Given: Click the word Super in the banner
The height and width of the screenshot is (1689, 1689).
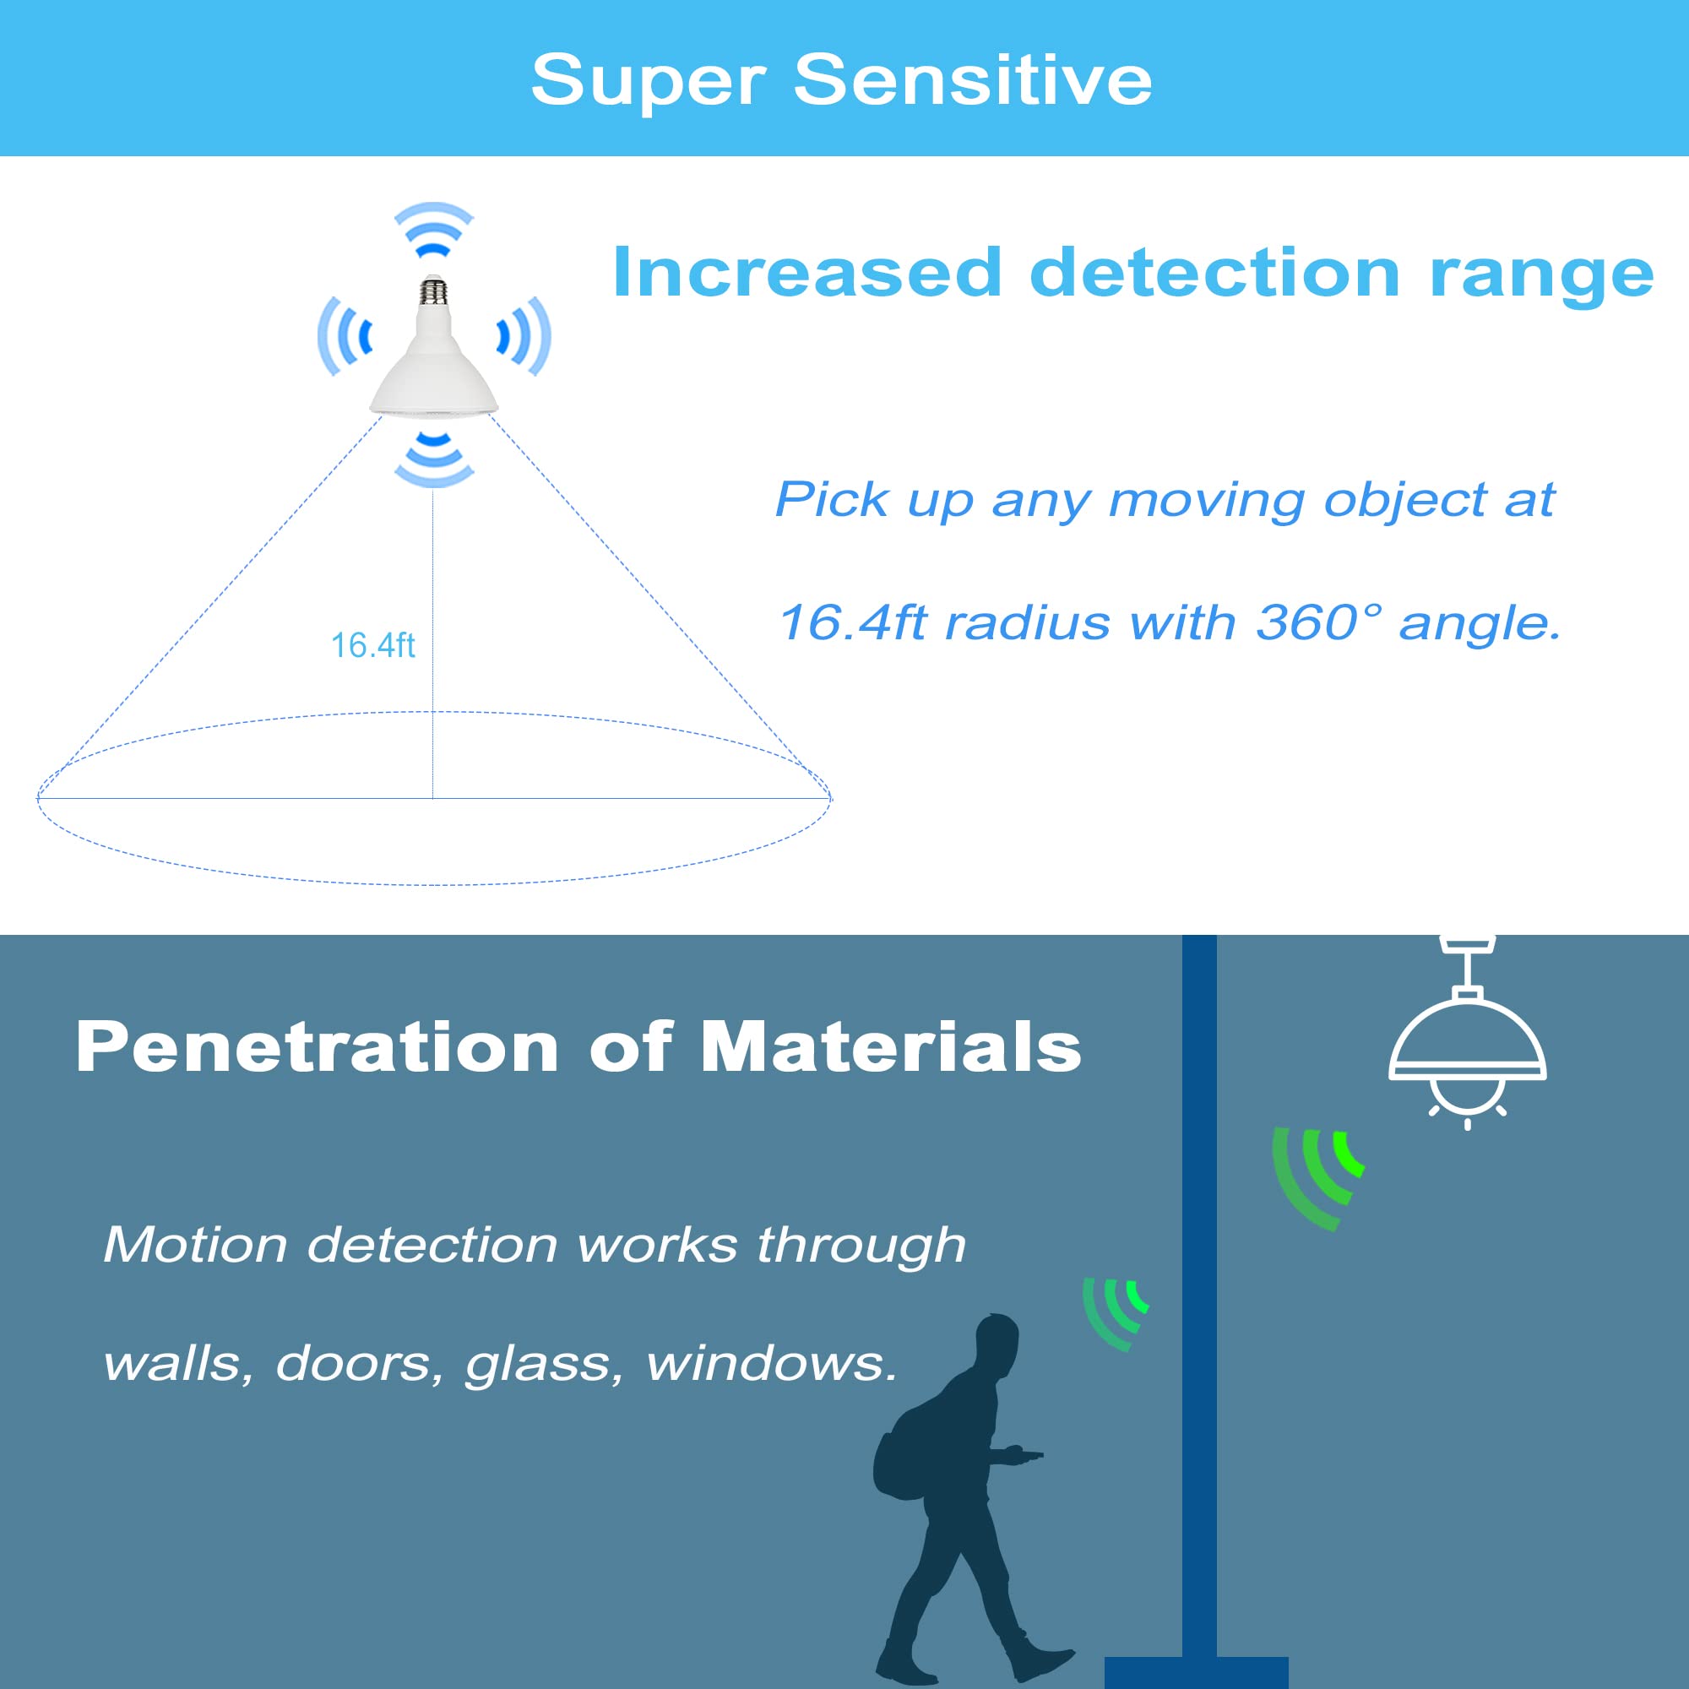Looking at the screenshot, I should tap(648, 81).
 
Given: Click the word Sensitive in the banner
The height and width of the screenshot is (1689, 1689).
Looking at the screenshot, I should tap(972, 79).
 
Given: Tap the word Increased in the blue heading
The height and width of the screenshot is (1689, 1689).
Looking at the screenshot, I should tap(806, 273).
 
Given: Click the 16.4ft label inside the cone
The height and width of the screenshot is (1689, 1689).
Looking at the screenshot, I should tap(372, 645).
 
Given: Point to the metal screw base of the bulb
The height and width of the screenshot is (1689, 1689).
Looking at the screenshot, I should tap(432, 292).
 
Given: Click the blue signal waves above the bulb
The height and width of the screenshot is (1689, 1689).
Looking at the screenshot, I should tap(433, 229).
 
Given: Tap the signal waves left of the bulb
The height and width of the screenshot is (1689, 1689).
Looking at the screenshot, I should tap(345, 337).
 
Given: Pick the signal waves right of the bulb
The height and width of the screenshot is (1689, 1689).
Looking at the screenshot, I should tap(524, 337).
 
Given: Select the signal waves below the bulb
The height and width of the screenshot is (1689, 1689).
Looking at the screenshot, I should tap(433, 459).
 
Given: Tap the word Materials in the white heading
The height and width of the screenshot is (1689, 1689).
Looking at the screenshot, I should tap(891, 1046).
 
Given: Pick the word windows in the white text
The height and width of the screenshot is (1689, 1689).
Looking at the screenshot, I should tap(772, 1363).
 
